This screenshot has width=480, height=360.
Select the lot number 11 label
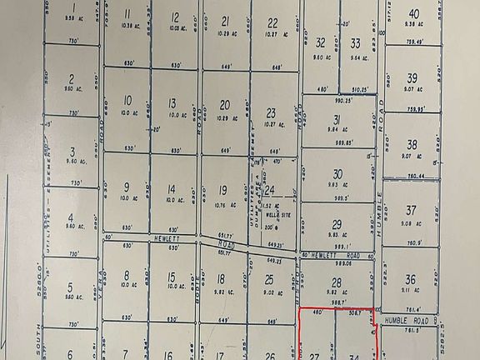coord(127,14)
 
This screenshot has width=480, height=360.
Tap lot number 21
coord(225,21)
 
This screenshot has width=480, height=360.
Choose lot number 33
coord(355,42)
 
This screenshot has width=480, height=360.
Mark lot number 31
coord(337,119)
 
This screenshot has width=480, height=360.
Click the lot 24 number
coord(270,190)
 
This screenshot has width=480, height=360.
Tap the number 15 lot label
coord(171,277)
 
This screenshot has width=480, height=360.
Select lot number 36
coord(410,279)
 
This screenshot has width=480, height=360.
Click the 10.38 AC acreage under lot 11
coord(127,27)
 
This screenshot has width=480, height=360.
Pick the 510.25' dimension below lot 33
coord(360,89)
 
